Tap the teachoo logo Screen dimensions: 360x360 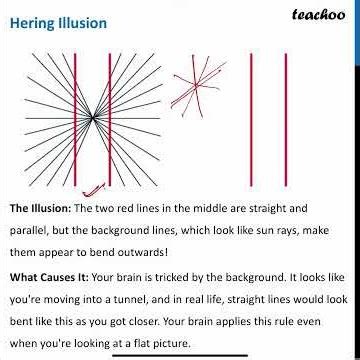pyautogui.click(x=318, y=15)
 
